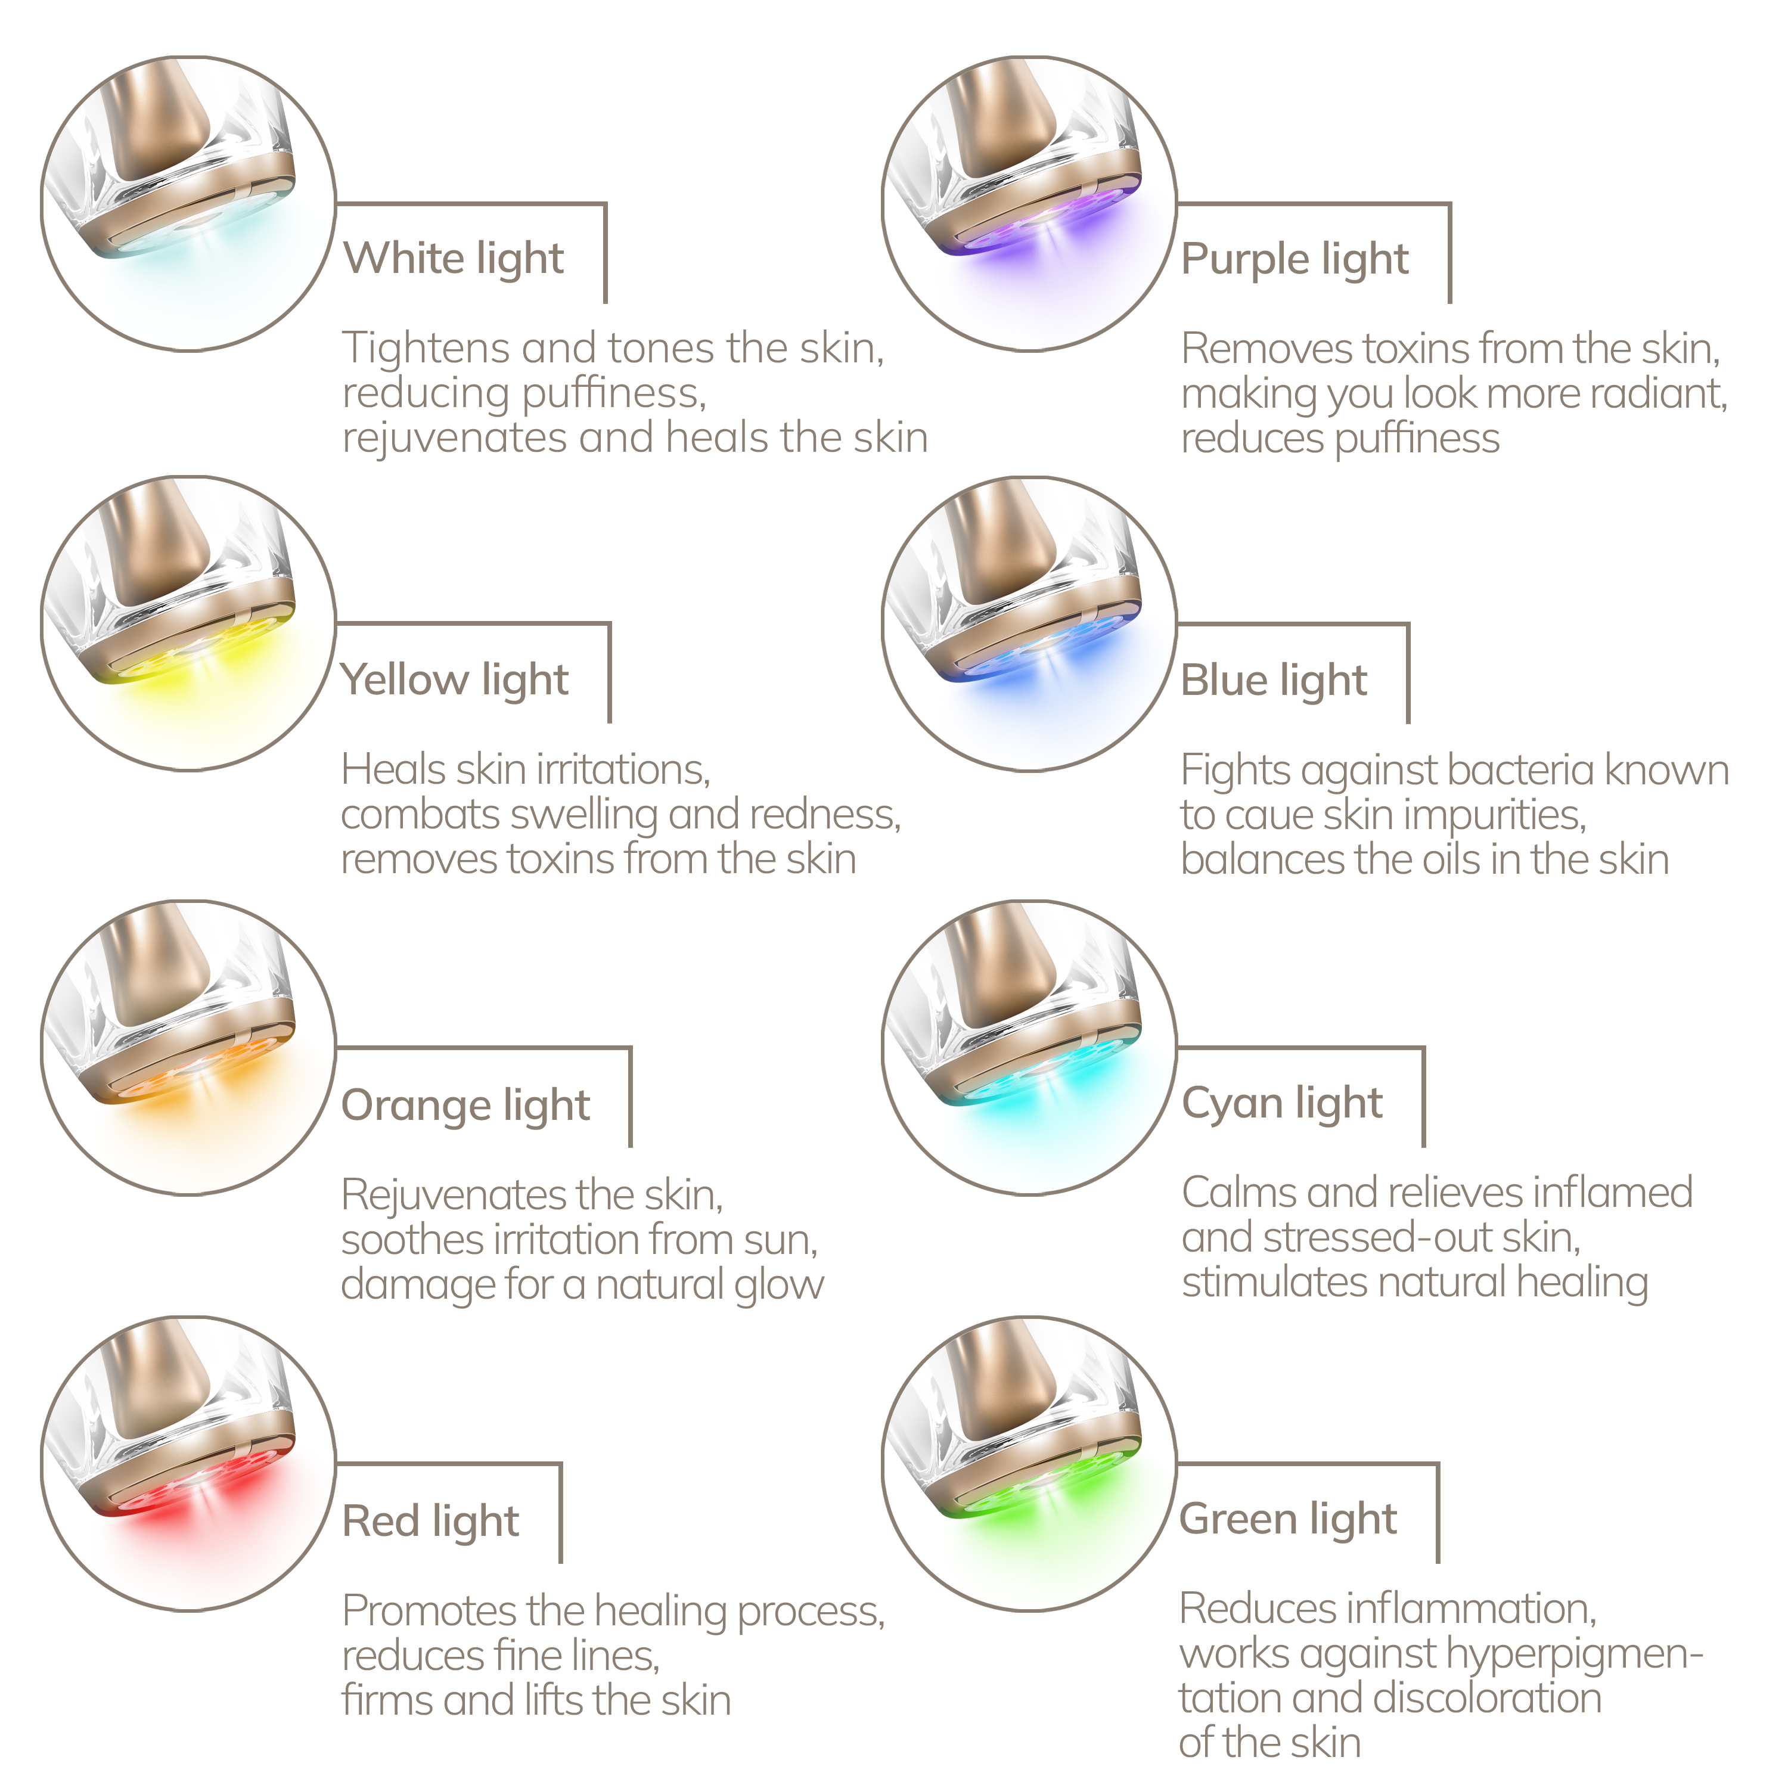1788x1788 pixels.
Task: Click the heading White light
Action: [454, 260]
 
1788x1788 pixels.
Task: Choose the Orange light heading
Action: [465, 1106]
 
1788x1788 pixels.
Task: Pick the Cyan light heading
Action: [1282, 1104]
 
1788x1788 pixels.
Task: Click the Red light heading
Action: [430, 1522]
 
